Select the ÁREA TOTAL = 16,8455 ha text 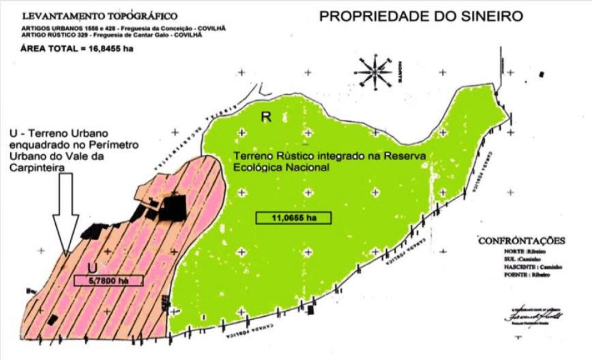click(x=76, y=48)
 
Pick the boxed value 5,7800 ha click(x=108, y=280)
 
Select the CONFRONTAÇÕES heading click(x=521, y=241)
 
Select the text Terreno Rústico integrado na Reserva click(x=329, y=157)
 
